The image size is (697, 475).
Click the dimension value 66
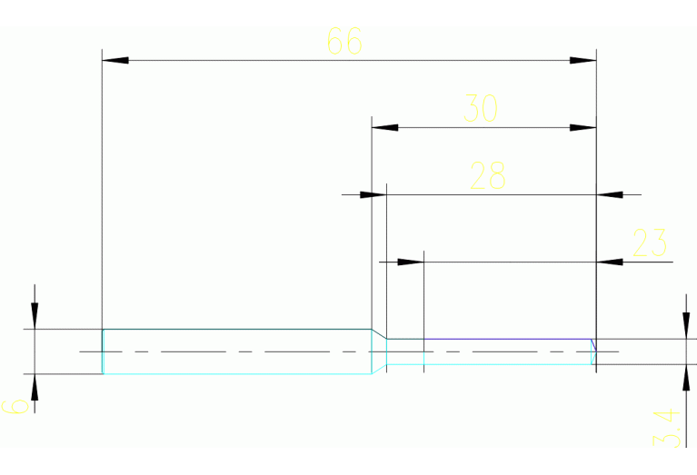[344, 41]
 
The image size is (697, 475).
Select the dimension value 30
[482, 109]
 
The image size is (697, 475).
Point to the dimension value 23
[649, 242]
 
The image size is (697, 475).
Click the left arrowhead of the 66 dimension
[115, 60]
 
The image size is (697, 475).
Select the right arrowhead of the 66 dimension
[583, 60]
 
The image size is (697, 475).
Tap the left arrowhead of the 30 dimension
[385, 127]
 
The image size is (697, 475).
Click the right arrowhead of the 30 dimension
[583, 127]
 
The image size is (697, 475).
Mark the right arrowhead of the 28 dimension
[609, 194]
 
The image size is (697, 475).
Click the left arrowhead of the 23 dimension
[412, 262]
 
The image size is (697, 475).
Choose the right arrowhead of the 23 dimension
[609, 262]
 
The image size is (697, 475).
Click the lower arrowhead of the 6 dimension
[35, 386]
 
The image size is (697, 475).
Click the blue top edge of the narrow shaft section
[491, 339]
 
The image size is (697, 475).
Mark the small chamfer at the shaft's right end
[592, 345]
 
